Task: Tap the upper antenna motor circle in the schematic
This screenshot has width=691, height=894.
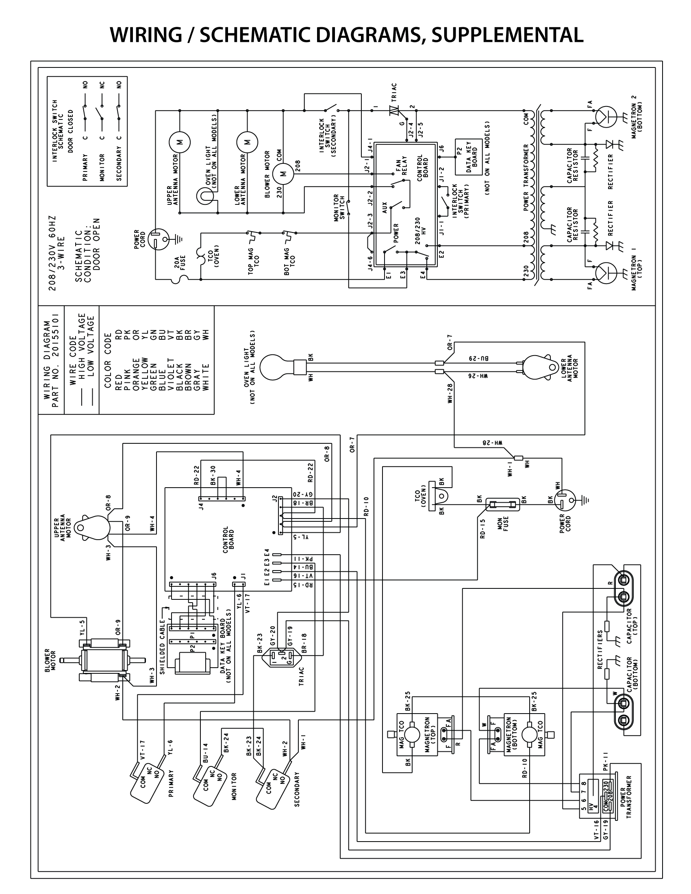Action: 179,142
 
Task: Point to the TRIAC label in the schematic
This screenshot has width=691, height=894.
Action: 394,93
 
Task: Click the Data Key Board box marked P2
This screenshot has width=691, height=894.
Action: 469,157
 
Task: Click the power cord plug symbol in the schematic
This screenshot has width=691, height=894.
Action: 157,239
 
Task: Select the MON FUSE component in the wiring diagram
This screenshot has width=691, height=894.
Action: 502,504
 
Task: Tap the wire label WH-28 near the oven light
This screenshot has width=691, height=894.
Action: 450,393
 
